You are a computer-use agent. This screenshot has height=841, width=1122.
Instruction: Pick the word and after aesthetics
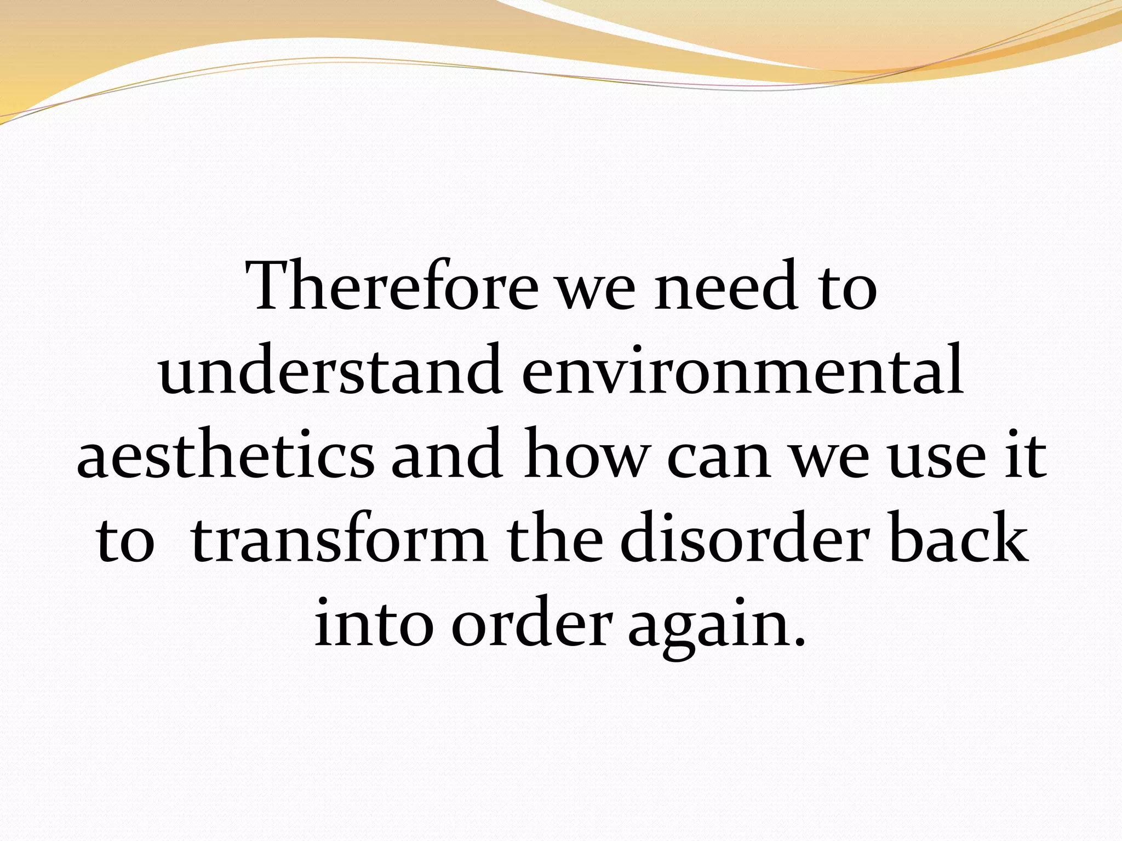click(446, 454)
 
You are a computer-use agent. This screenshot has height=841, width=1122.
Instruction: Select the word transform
click(340, 540)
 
